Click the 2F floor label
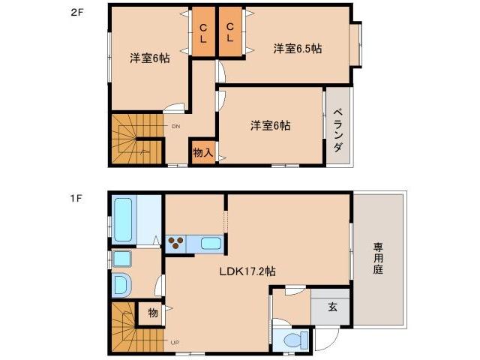pyautogui.click(x=76, y=13)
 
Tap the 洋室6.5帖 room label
pyautogui.click(x=297, y=49)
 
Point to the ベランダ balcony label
pyautogui.click(x=338, y=128)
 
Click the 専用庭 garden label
pyautogui.click(x=378, y=257)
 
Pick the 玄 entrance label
pyautogui.click(x=331, y=305)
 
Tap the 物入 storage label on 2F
pyautogui.click(x=202, y=152)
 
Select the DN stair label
pyautogui.click(x=176, y=127)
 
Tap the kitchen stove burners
pyautogui.click(x=177, y=243)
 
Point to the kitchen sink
pyautogui.click(x=211, y=243)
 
